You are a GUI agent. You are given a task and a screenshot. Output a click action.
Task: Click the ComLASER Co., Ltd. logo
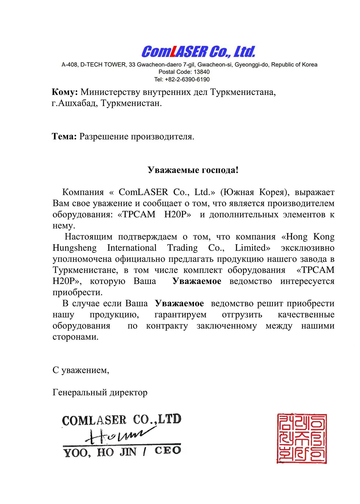tap(198, 52)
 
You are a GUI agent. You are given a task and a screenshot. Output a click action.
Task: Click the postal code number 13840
tap(202, 72)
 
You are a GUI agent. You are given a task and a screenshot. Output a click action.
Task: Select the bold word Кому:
tap(65, 92)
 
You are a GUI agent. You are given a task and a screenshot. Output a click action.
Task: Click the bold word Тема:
tap(64, 137)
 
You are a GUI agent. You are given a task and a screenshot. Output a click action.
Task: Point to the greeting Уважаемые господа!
tap(193, 170)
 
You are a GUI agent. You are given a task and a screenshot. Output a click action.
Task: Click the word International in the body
tap(132, 248)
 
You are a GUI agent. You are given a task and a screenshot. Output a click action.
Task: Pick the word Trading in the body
tap(182, 248)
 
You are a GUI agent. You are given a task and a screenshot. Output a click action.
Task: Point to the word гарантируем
tap(180, 315)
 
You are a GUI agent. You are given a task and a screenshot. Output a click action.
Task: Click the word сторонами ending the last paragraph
tap(75, 337)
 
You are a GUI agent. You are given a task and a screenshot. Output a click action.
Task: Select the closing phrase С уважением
tap(81, 370)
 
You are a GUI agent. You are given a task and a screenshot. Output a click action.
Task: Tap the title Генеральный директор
tap(100, 393)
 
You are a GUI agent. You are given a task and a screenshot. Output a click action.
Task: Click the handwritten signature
tap(116, 436)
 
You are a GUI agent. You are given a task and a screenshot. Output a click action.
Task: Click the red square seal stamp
tap(302, 438)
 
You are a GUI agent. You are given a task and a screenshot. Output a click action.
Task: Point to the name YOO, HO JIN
tap(100, 452)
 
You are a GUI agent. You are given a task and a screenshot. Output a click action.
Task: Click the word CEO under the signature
tap(168, 451)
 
